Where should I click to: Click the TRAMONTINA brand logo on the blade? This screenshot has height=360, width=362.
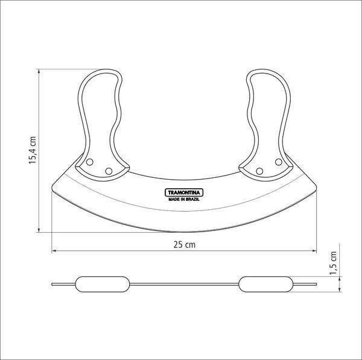(x=184, y=192)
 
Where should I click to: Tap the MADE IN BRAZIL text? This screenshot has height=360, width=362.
(x=184, y=200)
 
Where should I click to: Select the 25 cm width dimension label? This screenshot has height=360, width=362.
(x=184, y=245)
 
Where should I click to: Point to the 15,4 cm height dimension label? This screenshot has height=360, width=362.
(x=33, y=150)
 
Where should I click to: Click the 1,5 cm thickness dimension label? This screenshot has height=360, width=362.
(x=334, y=263)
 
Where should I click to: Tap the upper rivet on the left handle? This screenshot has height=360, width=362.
(x=89, y=162)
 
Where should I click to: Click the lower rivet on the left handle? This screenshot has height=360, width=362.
(x=109, y=171)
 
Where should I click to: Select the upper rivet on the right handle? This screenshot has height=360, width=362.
(x=279, y=162)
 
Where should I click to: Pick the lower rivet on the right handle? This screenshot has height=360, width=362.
(x=259, y=171)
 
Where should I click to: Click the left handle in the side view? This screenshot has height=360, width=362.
(x=103, y=284)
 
